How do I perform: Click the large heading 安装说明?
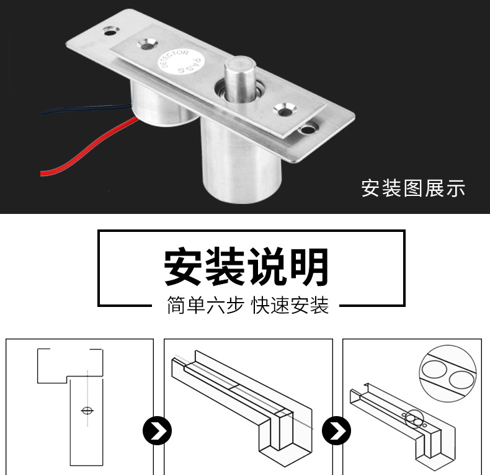click(x=246, y=267)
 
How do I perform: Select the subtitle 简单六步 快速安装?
click(x=248, y=305)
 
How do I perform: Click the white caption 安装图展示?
click(x=413, y=188)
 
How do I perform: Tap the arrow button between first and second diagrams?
click(x=157, y=430)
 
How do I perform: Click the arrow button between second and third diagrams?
click(x=336, y=430)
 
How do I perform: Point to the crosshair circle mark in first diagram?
click(x=87, y=411)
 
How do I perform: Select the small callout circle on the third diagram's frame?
click(x=414, y=419)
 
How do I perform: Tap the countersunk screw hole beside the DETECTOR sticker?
click(x=146, y=45)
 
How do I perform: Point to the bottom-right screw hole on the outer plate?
click(x=308, y=128)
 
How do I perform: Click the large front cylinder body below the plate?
click(x=241, y=162)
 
